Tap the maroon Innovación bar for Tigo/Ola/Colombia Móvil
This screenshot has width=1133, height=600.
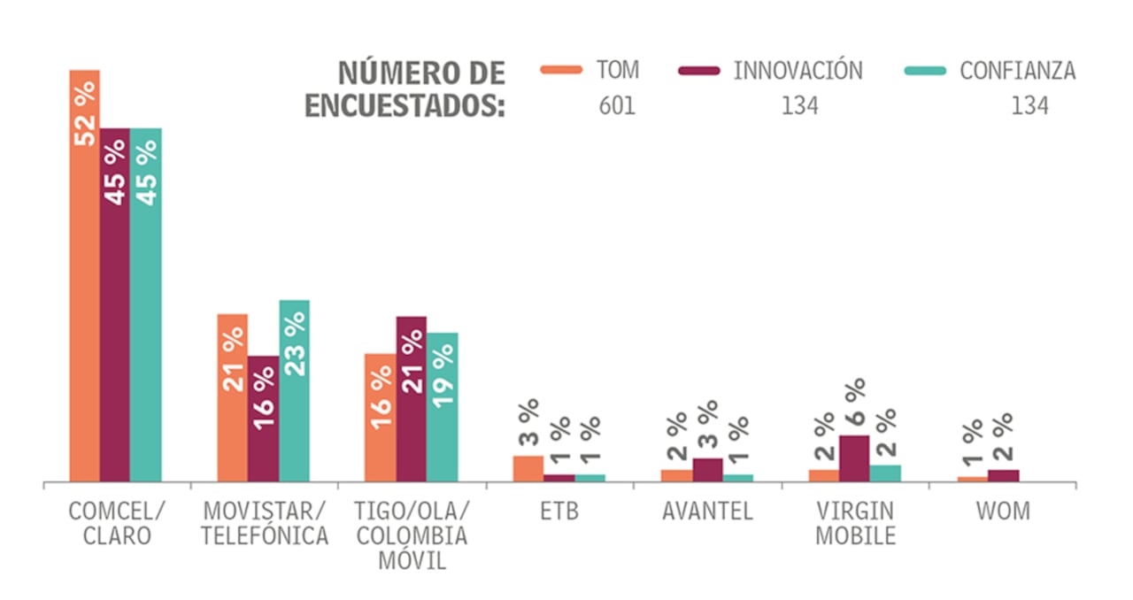412,398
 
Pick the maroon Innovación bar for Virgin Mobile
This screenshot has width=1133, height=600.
854,458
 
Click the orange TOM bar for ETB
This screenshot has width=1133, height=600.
528,469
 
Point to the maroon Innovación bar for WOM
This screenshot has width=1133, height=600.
1003,476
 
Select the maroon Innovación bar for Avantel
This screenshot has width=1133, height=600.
707,470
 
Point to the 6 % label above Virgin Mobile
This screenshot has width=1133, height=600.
855,404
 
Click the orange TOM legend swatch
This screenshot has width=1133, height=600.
561,70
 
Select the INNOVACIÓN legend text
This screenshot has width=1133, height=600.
798,71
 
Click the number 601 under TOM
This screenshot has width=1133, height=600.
617,106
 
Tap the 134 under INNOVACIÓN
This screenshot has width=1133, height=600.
799,106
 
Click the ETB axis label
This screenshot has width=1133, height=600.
559,512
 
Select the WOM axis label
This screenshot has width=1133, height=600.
1003,512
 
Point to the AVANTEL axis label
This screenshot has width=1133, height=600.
707,512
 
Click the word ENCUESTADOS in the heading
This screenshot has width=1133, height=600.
405,105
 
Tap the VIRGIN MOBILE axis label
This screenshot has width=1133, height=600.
855,523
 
